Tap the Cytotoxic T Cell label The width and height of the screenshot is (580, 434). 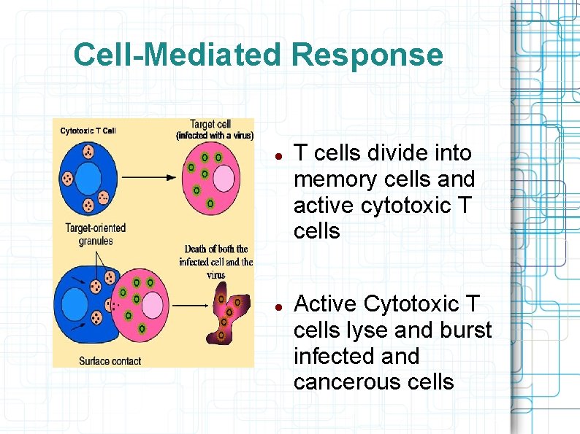coord(88,131)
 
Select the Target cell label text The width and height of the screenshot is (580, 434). coord(210,125)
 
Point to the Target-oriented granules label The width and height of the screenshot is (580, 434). coord(95,233)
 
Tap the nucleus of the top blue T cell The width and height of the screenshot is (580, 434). coord(88,179)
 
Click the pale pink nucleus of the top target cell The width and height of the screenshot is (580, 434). coord(223,179)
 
